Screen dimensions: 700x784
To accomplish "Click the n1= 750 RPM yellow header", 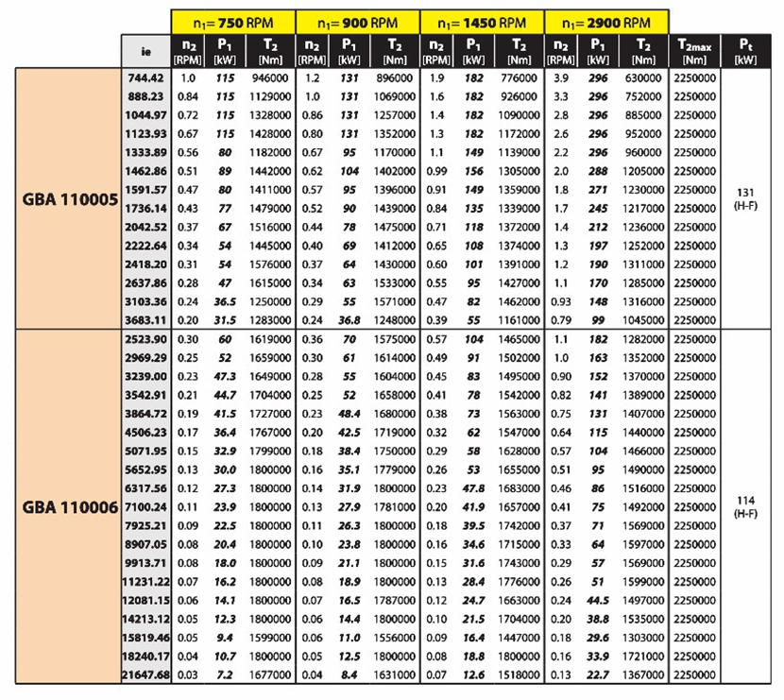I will point(232,21).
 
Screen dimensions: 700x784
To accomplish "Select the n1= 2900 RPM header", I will point(606,21).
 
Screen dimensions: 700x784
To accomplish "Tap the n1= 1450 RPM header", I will point(482,21).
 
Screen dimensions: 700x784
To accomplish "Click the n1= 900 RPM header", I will point(357,21).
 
